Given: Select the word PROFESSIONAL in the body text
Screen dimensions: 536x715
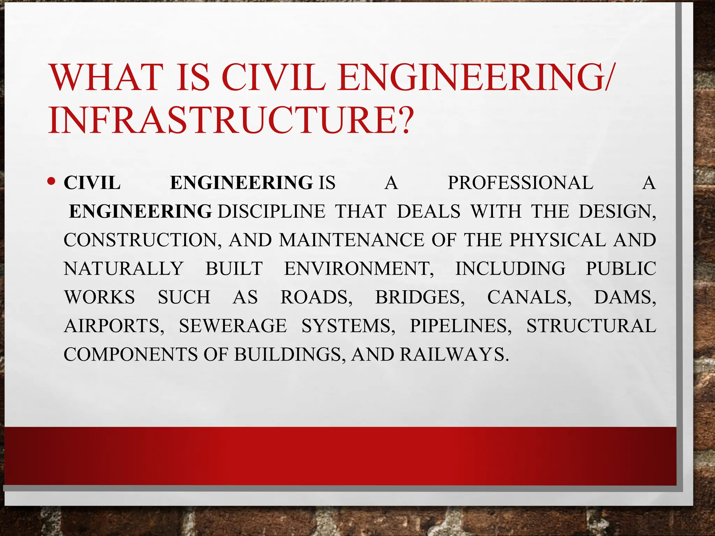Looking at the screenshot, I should coord(520,183).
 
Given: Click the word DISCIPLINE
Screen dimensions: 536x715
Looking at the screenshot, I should coord(271,212).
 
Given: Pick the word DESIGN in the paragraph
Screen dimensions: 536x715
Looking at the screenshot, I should coord(616,212).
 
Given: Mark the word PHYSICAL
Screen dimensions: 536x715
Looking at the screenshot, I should coord(557,240).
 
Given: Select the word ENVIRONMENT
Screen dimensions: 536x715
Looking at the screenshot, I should coord(359,269).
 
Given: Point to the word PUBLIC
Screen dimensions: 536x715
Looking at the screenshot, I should coord(621,269).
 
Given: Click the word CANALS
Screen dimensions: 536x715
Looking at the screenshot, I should coord(529,298).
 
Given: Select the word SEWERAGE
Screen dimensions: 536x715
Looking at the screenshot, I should coord(233,326).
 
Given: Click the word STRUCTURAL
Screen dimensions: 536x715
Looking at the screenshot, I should coord(591,326).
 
